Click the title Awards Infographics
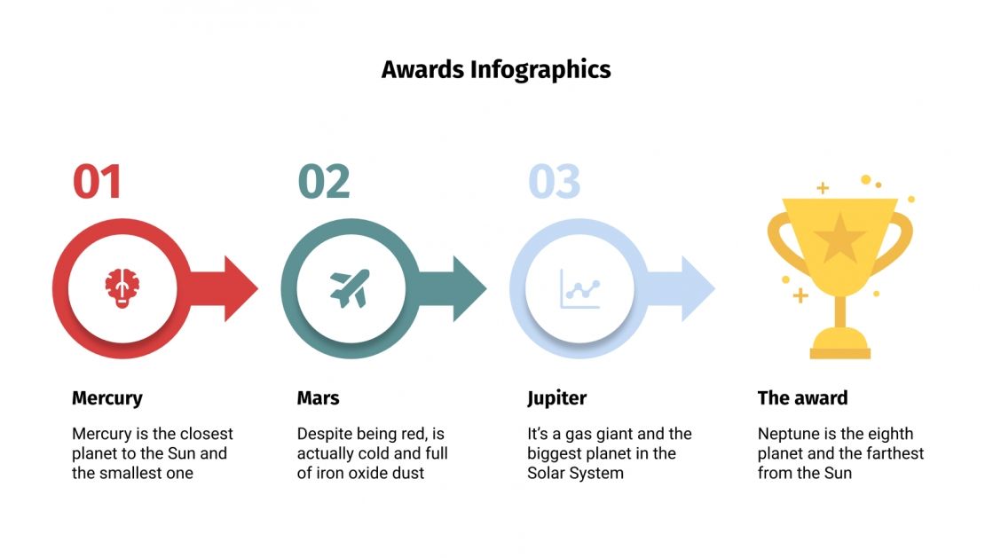click(x=496, y=69)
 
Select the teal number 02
click(x=324, y=181)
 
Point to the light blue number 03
click(x=554, y=181)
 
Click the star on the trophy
click(x=839, y=238)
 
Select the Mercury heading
click(x=106, y=398)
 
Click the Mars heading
click(x=318, y=398)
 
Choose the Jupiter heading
click(x=556, y=398)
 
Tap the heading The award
click(x=802, y=398)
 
